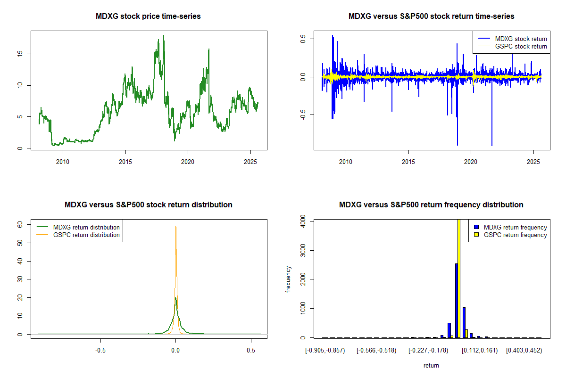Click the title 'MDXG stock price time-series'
tap(149, 16)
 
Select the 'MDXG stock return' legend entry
tap(521, 39)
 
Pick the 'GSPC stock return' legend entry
tap(521, 46)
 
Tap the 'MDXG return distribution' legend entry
tap(86, 227)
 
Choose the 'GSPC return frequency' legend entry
tap(515, 235)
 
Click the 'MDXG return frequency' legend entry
tap(515, 227)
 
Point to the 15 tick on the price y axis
tap(20, 54)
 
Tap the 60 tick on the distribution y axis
tap(20, 225)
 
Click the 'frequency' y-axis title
tap(289, 279)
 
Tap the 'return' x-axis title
tap(431, 365)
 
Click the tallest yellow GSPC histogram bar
tap(459, 278)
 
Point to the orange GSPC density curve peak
tap(176, 227)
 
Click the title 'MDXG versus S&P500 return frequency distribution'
tap(431, 205)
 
